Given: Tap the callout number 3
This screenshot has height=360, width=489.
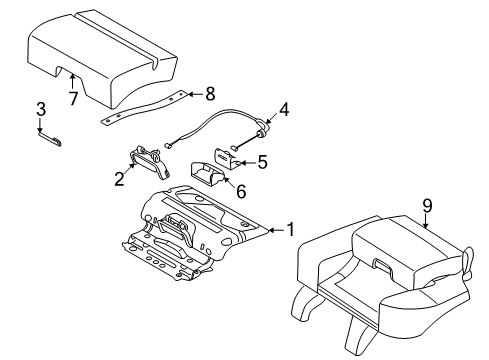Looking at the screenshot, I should [41, 109].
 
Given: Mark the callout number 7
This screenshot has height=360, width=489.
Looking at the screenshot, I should [73, 98].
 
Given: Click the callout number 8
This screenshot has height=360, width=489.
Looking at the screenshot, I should [209, 96].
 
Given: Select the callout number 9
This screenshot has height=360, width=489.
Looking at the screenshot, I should [427, 208].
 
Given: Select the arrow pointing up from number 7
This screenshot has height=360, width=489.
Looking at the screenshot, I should [72, 82].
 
